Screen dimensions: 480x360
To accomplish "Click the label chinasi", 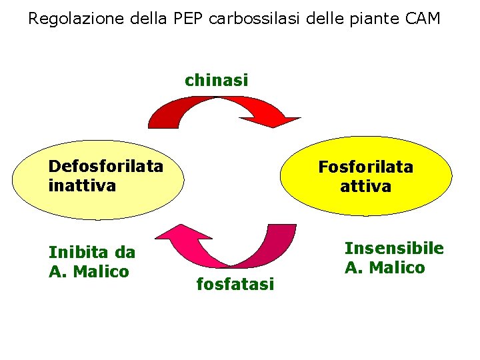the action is coord(216,81).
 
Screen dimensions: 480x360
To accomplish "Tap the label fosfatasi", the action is coord(235,285).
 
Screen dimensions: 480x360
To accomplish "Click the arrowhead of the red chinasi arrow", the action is coord(283,121).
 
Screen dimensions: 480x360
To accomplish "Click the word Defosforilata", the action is coord(105,166).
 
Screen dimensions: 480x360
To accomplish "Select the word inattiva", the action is coord(82,185).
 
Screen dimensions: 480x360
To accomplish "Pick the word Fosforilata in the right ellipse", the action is coord(365,167).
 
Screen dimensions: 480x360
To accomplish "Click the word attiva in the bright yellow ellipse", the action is coord(365,187).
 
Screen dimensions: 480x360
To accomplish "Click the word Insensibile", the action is coord(393,249).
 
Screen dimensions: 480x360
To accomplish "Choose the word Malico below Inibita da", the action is coord(101,271).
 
